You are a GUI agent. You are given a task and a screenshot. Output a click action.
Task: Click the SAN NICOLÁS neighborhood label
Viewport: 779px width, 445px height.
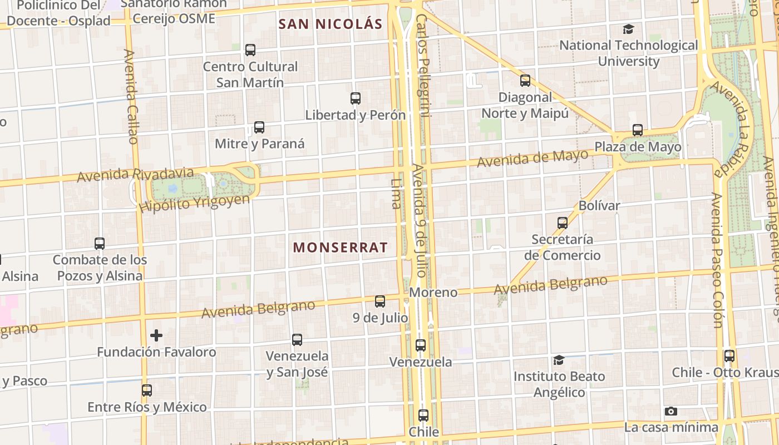[331, 24]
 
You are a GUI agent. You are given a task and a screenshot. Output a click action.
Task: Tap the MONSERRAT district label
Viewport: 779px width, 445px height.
[340, 248]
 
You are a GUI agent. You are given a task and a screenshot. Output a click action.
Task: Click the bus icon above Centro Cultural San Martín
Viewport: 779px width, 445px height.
[250, 50]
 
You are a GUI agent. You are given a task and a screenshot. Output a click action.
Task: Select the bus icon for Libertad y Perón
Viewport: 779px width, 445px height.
[356, 98]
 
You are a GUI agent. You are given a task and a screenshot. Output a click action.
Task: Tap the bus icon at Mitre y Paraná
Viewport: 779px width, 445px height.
[259, 127]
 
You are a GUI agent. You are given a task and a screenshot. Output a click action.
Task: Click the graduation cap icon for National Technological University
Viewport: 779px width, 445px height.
[628, 29]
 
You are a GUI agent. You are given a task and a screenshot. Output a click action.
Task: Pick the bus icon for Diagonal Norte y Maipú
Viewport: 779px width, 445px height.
[525, 81]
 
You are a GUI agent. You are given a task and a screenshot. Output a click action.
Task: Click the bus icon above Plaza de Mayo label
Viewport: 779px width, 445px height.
[638, 130]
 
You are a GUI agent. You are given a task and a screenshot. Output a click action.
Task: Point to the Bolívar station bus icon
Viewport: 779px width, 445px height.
[563, 223]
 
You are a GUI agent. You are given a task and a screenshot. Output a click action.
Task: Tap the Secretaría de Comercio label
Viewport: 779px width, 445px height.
[562, 248]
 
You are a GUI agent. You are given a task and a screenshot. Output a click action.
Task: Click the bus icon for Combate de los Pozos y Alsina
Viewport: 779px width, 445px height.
[100, 244]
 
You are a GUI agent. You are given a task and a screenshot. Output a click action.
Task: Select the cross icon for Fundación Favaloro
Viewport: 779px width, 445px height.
[156, 335]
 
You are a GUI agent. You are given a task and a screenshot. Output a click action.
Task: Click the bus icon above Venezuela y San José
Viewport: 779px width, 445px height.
[297, 339]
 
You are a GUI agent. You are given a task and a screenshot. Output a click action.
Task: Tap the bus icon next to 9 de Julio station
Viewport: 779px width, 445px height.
[380, 301]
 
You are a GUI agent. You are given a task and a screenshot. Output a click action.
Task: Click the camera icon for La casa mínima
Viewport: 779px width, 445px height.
[671, 412]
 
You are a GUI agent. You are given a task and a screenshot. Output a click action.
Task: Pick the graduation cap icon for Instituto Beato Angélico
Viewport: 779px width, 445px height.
[559, 360]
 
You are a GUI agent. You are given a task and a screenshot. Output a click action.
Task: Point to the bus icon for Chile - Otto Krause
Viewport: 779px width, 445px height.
[729, 356]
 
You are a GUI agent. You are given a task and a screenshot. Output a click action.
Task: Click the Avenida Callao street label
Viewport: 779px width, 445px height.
[131, 96]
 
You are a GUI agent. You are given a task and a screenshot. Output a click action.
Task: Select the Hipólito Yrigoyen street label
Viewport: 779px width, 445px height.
[195, 203]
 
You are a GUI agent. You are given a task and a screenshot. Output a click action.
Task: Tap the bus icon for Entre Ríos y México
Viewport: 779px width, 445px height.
[147, 390]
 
